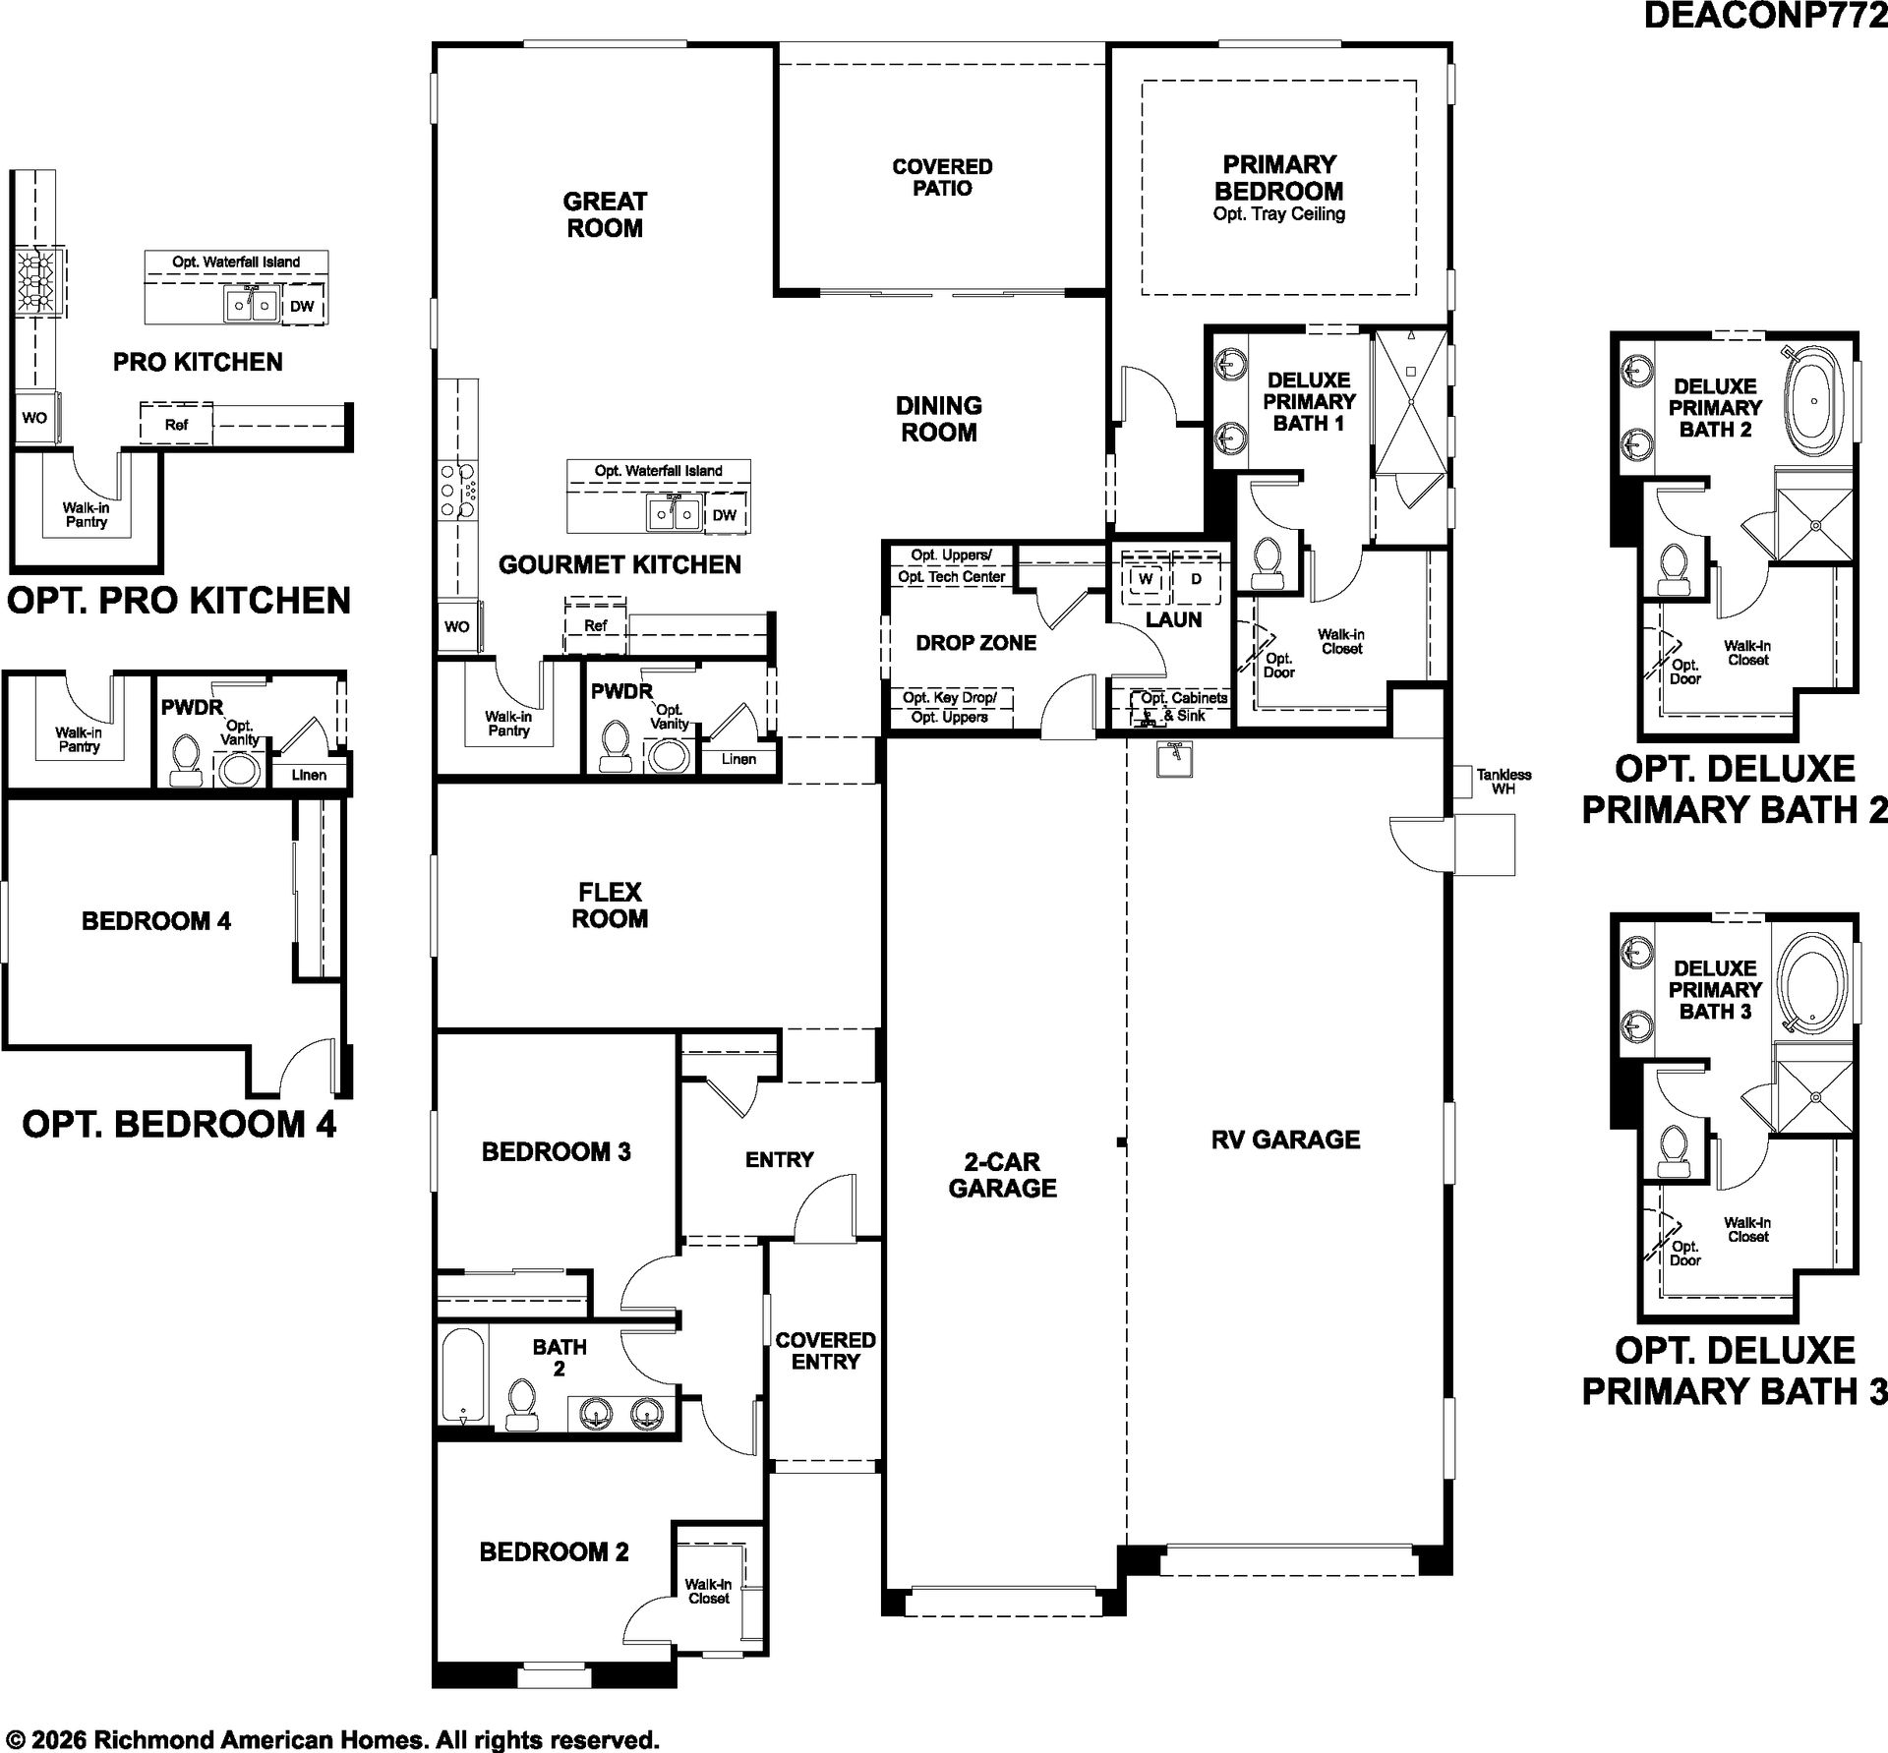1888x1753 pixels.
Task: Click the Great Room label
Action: (605, 214)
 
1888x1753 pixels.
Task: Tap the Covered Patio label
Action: (942, 177)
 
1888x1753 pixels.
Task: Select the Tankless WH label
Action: (1504, 782)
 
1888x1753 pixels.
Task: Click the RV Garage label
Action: (1285, 1139)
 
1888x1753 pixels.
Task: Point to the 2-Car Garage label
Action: (1002, 1175)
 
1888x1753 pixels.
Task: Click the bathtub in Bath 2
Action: (463, 1376)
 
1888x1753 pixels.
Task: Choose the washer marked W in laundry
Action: (1146, 579)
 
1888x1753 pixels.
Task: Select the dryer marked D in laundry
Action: (1196, 579)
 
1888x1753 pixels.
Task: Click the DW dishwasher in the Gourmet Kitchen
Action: (725, 515)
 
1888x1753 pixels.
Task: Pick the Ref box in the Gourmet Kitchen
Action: (595, 625)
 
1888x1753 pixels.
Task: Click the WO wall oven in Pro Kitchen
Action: (34, 418)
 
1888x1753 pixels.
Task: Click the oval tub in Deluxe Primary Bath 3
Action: (1814, 983)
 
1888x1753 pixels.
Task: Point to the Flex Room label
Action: (610, 906)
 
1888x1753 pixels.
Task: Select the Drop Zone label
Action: (975, 643)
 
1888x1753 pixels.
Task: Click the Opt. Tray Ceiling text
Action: (1278, 214)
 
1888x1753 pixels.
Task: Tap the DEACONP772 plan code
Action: (1765, 17)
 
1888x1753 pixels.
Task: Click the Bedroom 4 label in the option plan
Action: (156, 921)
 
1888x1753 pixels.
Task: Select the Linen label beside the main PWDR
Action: (738, 759)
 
